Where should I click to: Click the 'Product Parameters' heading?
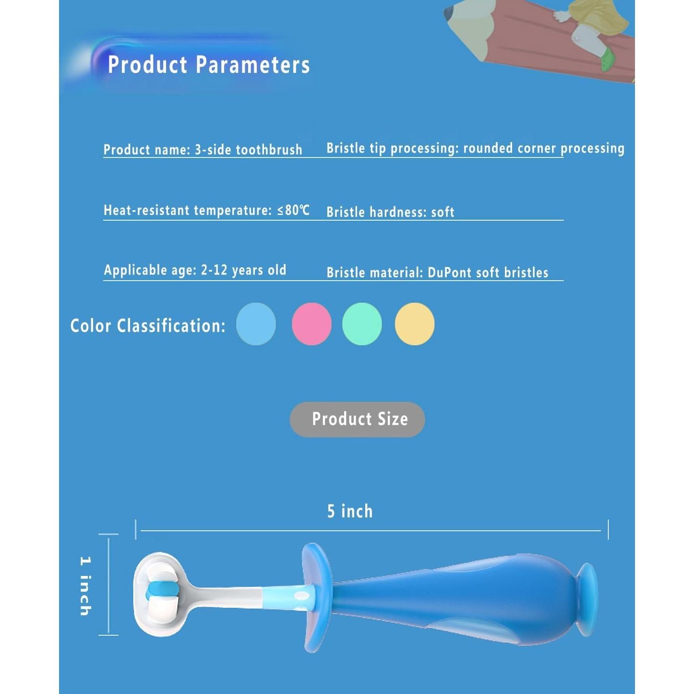coord(209,65)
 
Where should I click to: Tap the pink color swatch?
coord(311,324)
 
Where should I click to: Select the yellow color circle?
coord(415,324)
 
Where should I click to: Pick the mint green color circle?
coord(362,324)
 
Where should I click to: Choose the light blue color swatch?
coord(256,324)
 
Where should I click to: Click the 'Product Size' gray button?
coord(358,419)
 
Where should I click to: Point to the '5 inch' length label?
coord(350,511)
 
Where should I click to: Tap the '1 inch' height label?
coord(85,586)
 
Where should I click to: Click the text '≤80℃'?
coord(294,210)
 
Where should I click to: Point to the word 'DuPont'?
coord(450,273)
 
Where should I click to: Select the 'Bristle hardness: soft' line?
coord(390,212)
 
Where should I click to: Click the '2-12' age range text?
coord(214,270)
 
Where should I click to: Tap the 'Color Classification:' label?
coord(148,326)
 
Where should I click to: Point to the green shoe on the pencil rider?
coord(608,58)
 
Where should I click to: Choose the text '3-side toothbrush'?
coord(248,150)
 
